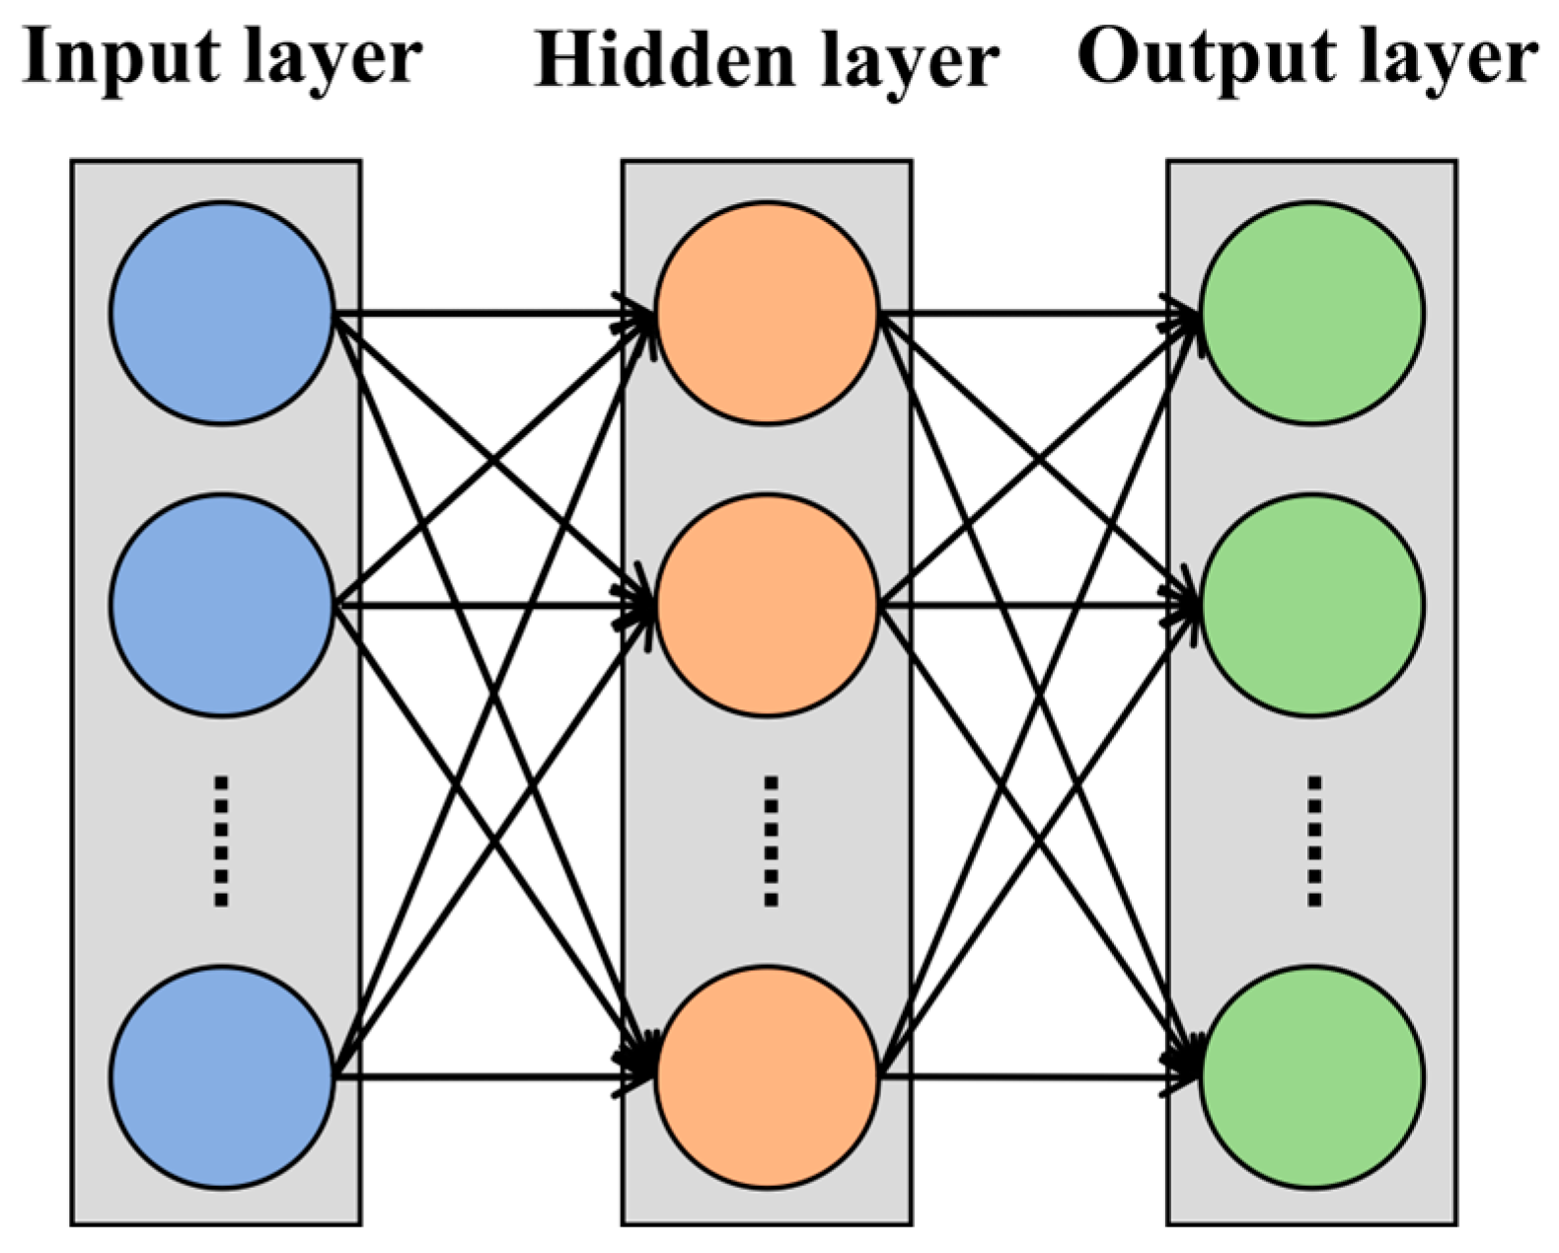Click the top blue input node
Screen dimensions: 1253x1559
[222, 313]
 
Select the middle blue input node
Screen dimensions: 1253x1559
[222, 605]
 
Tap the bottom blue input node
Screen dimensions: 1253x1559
[222, 1075]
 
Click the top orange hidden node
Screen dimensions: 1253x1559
[768, 313]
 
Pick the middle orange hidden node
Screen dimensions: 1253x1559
[768, 605]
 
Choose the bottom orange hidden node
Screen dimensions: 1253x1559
[768, 1075]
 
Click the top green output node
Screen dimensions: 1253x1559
[1312, 313]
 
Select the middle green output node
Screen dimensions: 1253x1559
[1312, 605]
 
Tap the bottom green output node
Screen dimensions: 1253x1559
[1312, 1075]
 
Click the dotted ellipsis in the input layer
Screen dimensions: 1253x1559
[222, 841]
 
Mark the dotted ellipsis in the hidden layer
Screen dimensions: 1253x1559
[771, 841]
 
